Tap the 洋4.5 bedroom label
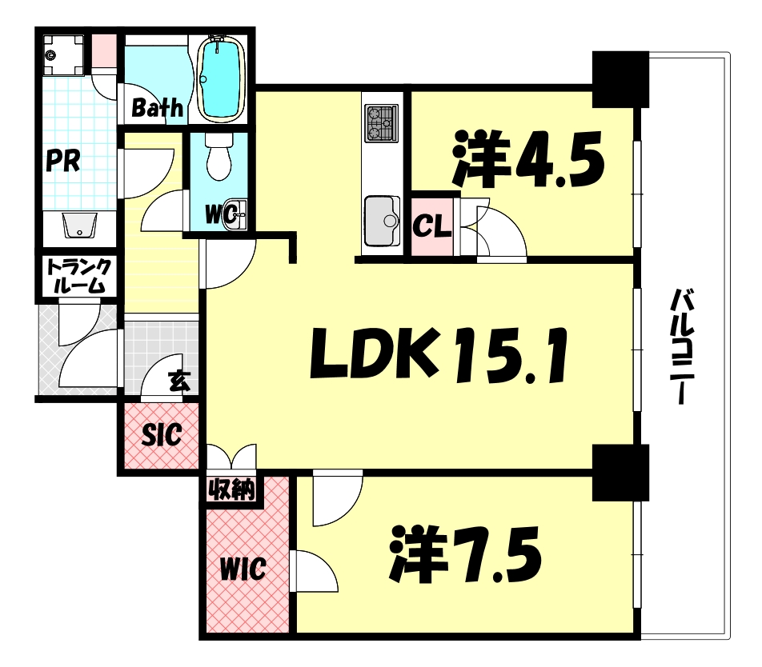tap(528, 157)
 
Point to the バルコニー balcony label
tap(681, 347)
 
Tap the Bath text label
tap(158, 108)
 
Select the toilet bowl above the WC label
tap(218, 157)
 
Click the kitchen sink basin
tap(381, 218)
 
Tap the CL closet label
tap(432, 226)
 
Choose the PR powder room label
tap(62, 162)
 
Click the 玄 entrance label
tap(178, 382)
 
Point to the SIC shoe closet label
tap(162, 435)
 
